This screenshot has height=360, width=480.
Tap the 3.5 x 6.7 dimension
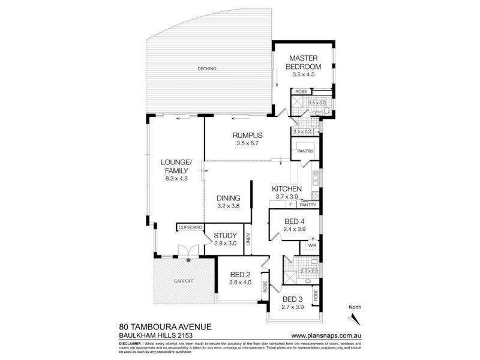click(x=247, y=144)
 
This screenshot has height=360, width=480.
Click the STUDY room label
click(x=225, y=235)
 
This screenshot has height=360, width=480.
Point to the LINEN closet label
click(x=248, y=242)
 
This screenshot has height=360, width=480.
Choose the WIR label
click(x=312, y=246)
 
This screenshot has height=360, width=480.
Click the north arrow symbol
click(x=354, y=316)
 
